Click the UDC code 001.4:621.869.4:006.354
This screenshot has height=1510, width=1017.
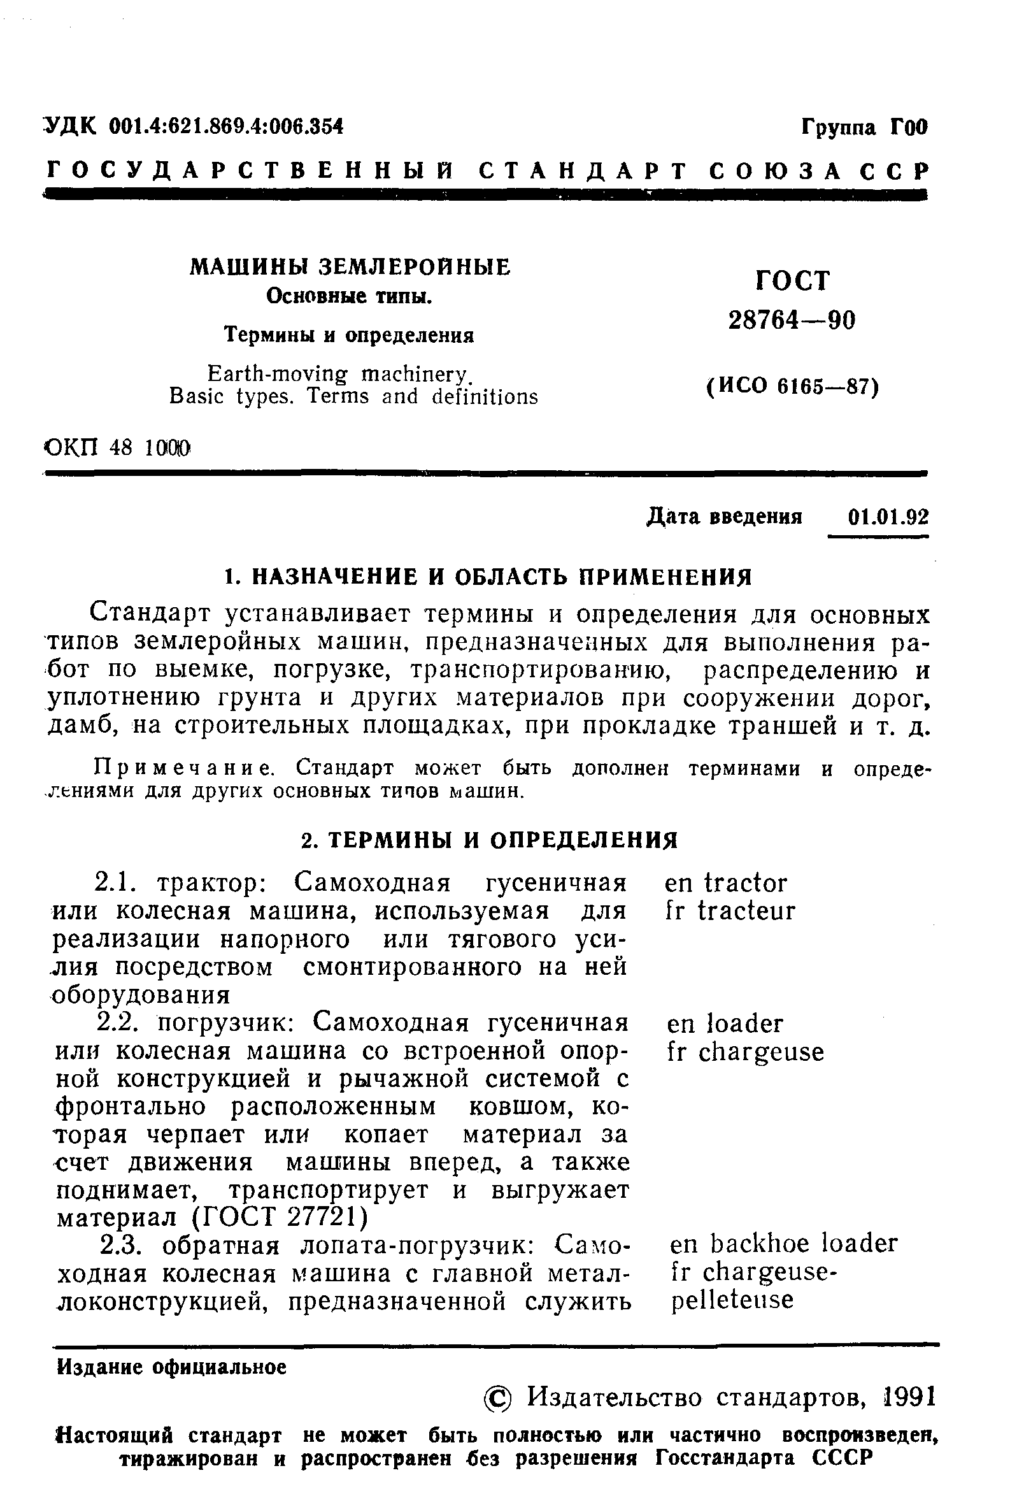(x=225, y=126)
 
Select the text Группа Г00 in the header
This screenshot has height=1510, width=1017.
(x=865, y=127)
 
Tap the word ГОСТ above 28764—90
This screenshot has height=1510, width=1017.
(x=793, y=281)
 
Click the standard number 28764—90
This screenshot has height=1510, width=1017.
(x=792, y=320)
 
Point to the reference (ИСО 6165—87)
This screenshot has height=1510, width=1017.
(x=792, y=387)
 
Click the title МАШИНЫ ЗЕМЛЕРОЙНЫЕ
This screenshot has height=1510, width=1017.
(x=350, y=267)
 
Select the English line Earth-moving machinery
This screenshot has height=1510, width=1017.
(x=338, y=374)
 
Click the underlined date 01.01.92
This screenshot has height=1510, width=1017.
(x=887, y=517)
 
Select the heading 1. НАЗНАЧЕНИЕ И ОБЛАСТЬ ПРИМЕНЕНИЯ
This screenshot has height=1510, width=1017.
(x=487, y=576)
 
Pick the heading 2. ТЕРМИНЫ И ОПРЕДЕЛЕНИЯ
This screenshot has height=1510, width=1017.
(x=490, y=840)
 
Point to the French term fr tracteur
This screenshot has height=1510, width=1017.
(x=730, y=911)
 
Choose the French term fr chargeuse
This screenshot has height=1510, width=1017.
(x=745, y=1051)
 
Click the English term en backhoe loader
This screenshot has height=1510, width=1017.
(x=783, y=1243)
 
